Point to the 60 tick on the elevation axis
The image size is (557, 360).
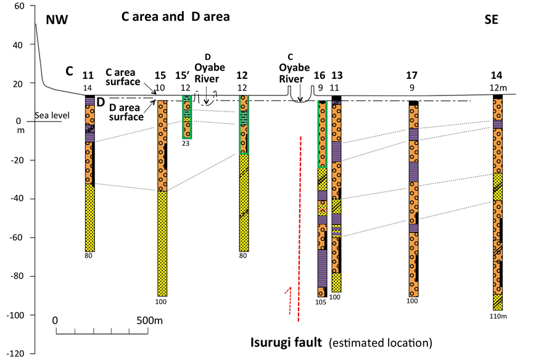tap(18, 6)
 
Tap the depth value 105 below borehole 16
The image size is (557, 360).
tap(320, 303)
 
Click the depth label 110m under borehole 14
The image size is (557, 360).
tap(498, 316)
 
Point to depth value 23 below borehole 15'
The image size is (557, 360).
tap(186, 144)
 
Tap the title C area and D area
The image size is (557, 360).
tap(175, 17)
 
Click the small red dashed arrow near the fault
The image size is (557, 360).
tap(288, 300)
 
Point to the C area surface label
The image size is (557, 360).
tap(123, 76)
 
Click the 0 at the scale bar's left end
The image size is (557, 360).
tap(56, 321)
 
